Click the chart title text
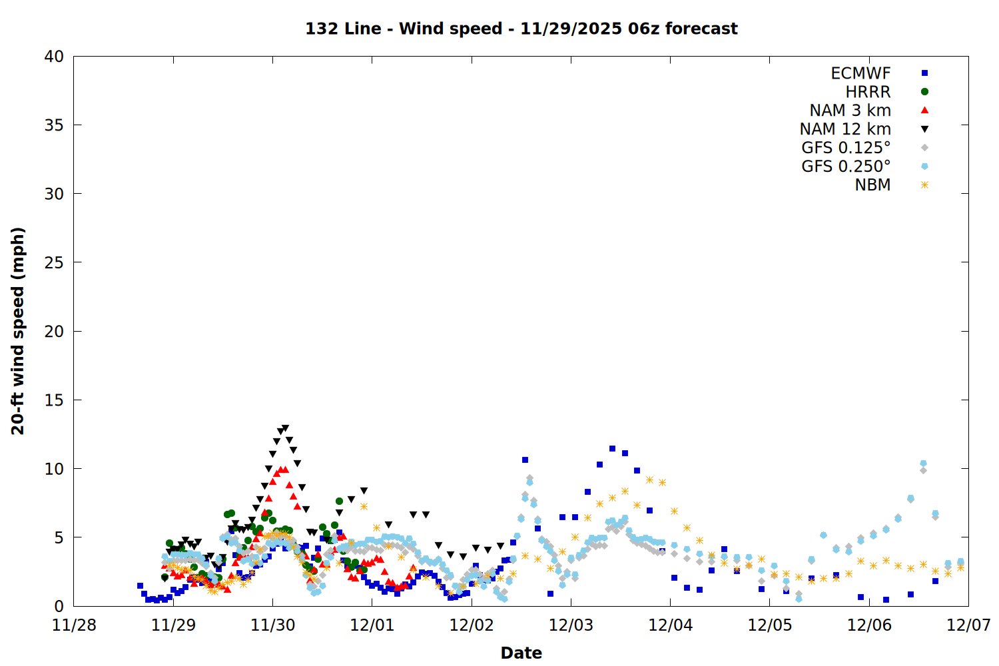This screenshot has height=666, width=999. [x=521, y=29]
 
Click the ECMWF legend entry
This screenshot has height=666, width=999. [x=860, y=73]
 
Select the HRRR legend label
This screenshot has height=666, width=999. [x=868, y=92]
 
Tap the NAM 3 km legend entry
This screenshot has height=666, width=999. [x=850, y=111]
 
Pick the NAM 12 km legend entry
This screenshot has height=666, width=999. [x=845, y=129]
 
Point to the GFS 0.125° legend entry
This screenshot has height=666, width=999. [x=846, y=148]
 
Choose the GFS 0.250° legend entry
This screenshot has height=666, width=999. [x=846, y=166]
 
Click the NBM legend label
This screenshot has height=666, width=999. [x=872, y=185]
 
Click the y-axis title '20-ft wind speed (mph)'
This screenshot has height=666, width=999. [x=18, y=331]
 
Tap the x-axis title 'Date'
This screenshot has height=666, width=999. [x=521, y=653]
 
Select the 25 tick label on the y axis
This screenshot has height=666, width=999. [x=54, y=262]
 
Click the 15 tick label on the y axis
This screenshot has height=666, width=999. [x=54, y=400]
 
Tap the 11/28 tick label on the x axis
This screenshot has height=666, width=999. [x=74, y=625]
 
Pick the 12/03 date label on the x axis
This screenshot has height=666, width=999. [x=571, y=625]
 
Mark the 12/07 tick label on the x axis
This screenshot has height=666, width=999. [x=968, y=625]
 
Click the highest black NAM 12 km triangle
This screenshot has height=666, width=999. [x=286, y=428]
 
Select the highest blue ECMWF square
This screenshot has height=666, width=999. [x=612, y=449]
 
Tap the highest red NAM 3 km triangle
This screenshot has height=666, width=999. [x=285, y=470]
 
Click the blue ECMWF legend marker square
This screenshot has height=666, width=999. [x=924, y=73]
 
